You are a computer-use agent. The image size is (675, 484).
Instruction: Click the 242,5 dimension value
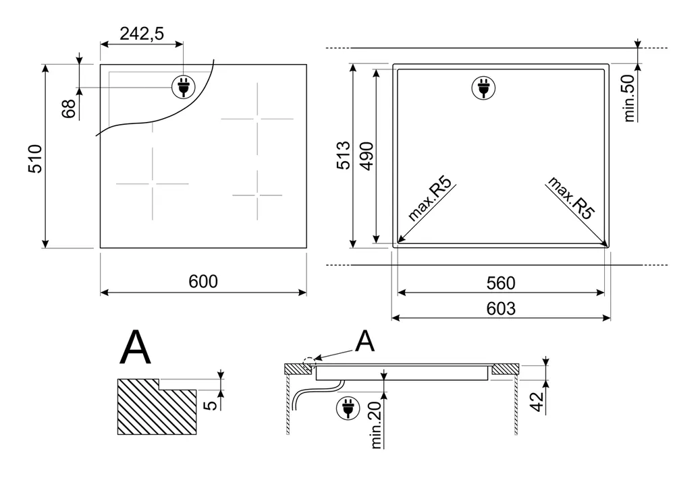click(x=142, y=34)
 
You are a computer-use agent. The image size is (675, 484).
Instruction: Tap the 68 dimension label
click(x=69, y=109)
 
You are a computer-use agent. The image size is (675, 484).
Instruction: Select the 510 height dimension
click(x=35, y=158)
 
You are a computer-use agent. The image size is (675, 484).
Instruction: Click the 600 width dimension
click(x=203, y=282)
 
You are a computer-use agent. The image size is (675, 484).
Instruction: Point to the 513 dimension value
click(x=344, y=155)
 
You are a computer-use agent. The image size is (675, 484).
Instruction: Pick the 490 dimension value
click(x=367, y=156)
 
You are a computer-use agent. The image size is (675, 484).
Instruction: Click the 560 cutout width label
click(x=501, y=283)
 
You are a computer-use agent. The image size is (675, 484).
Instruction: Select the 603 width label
click(x=501, y=309)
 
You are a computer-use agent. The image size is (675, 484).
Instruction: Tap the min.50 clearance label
click(x=629, y=98)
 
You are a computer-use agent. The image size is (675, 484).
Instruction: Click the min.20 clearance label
click(x=376, y=425)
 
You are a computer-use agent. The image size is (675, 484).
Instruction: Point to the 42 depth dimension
click(x=537, y=402)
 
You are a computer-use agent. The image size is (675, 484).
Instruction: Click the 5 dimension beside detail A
click(x=211, y=405)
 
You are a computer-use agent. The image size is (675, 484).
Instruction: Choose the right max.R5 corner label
click(x=571, y=198)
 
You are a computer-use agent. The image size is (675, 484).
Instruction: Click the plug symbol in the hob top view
click(x=183, y=87)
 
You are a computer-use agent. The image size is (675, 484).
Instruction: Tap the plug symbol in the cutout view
click(x=483, y=88)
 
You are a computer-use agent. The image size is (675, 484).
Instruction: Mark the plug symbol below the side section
click(x=348, y=408)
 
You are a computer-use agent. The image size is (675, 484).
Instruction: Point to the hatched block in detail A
click(x=157, y=406)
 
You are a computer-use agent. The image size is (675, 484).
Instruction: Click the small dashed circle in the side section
click(x=309, y=363)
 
